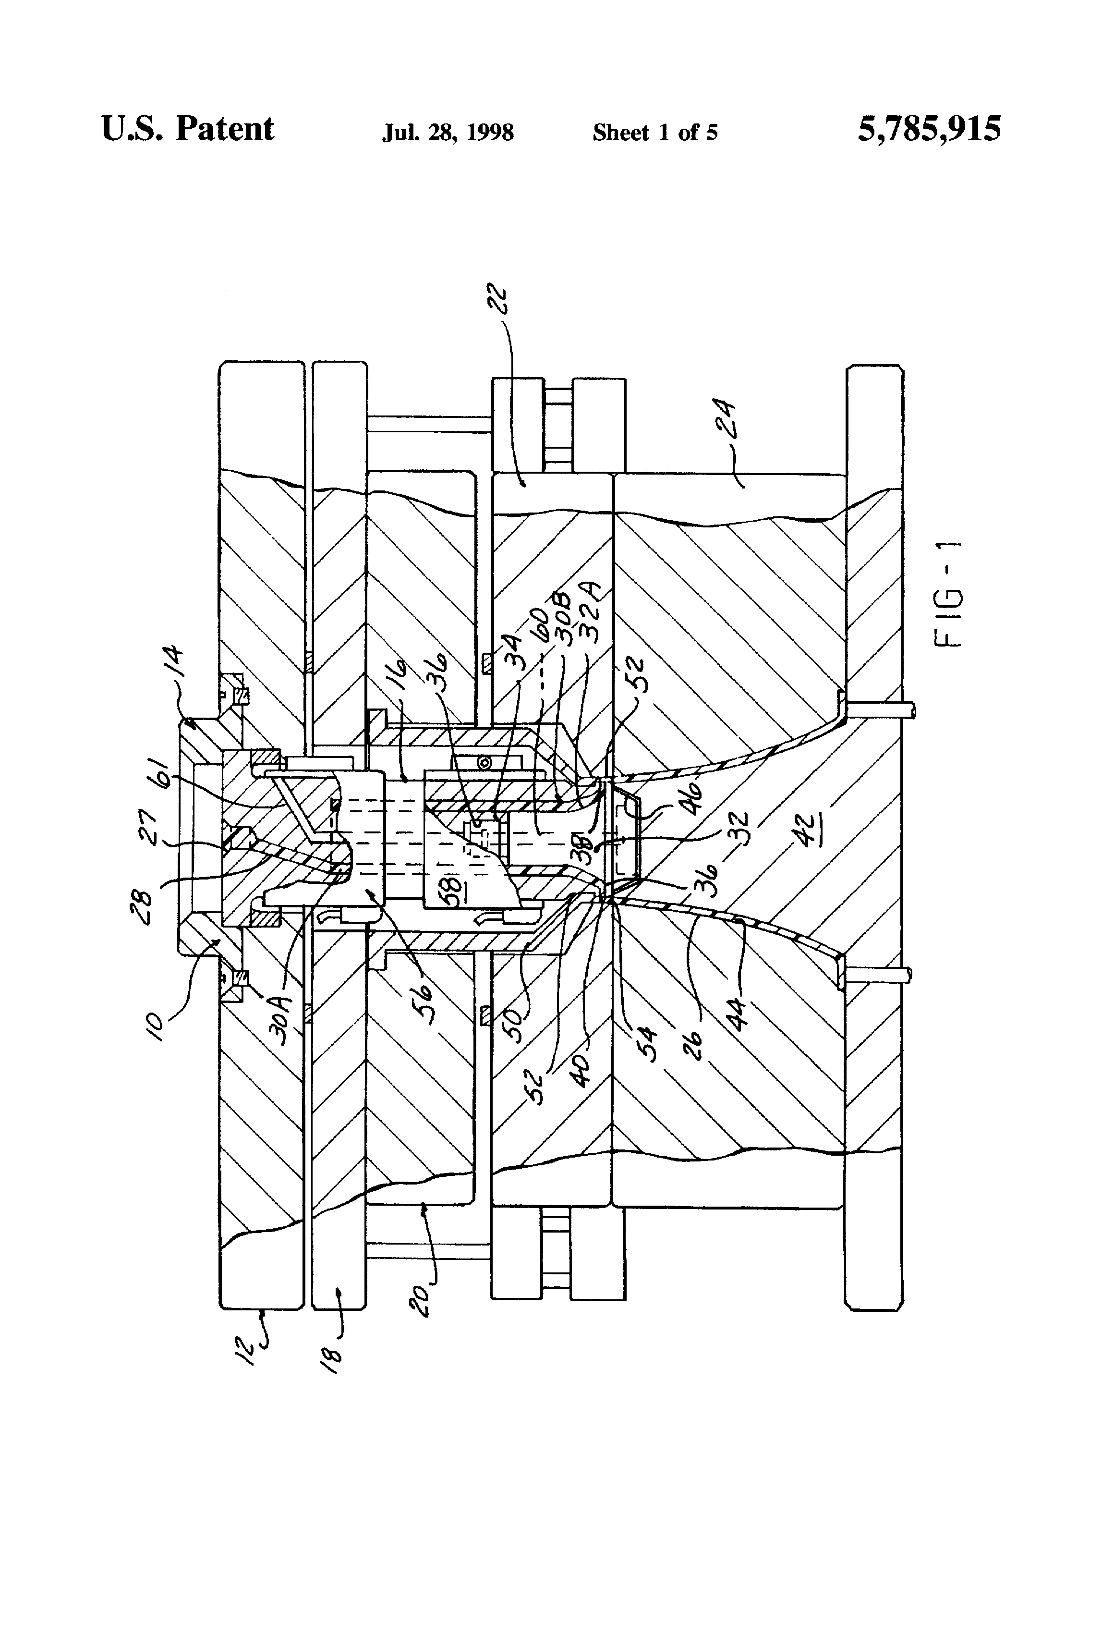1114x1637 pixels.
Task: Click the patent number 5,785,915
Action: [928, 130]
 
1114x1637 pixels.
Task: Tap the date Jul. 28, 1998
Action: [448, 133]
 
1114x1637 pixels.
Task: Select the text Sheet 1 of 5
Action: [655, 133]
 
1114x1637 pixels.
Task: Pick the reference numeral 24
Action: [723, 420]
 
